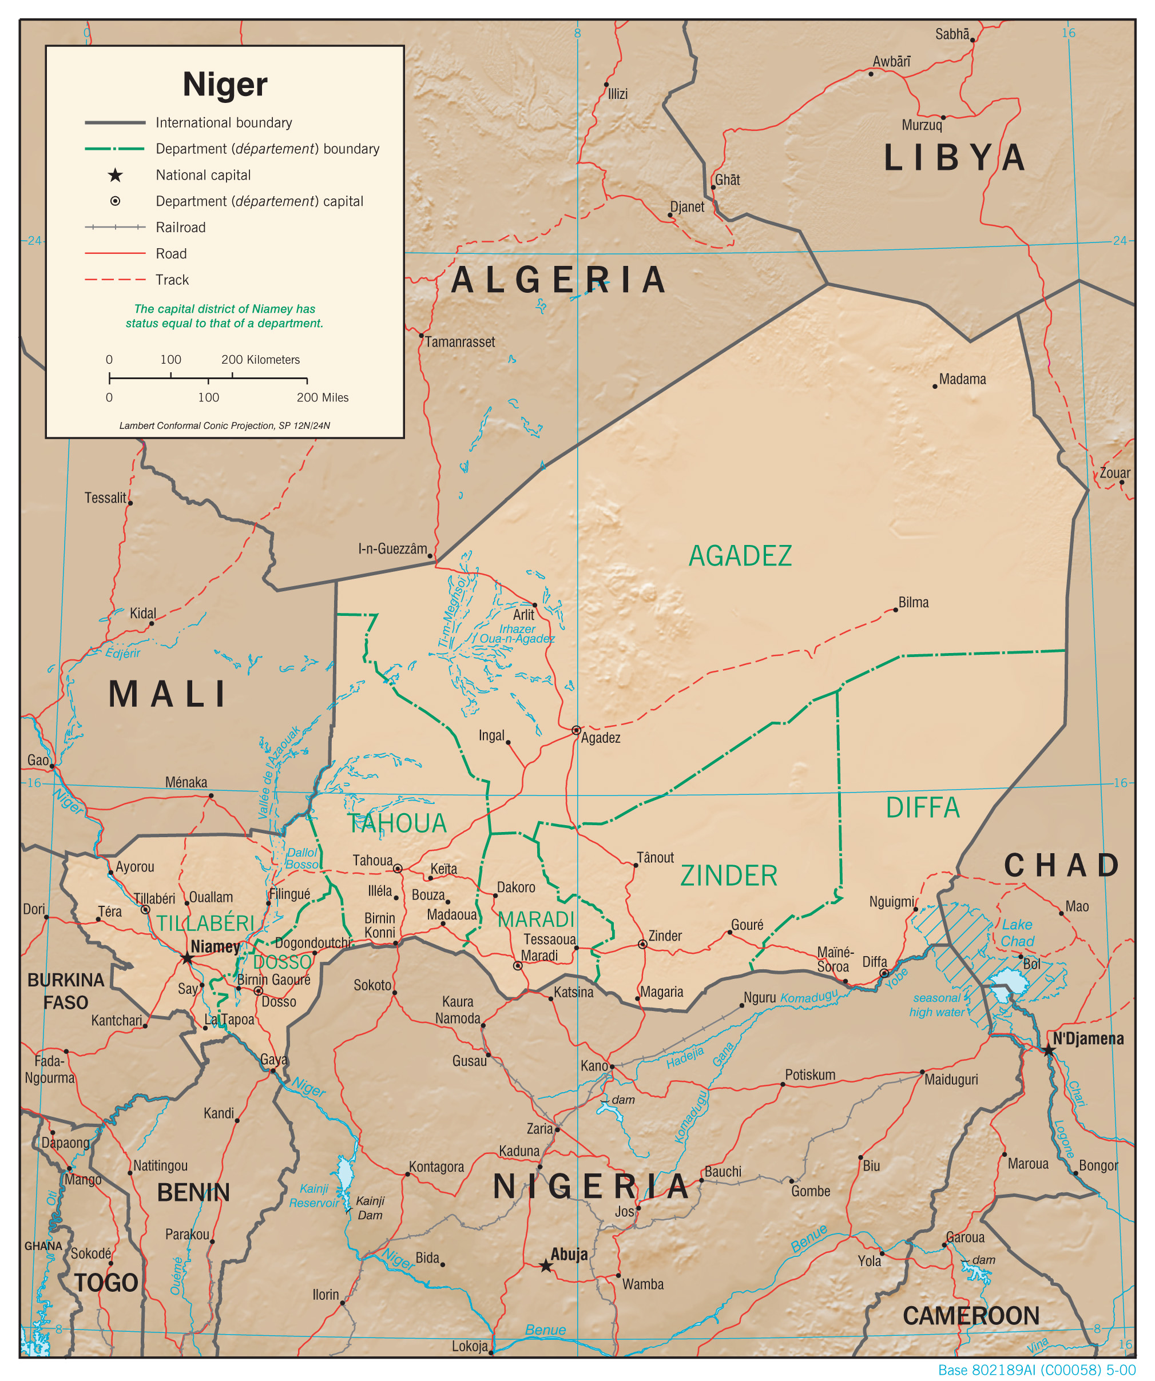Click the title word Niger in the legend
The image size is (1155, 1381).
tap(225, 84)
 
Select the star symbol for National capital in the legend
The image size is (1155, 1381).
tap(115, 175)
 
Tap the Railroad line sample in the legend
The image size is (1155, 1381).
tap(115, 228)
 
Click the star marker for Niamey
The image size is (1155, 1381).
tap(188, 958)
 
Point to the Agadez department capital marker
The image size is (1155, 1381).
tap(576, 730)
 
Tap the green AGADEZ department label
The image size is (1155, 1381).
tap(740, 556)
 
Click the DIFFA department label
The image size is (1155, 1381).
tap(922, 807)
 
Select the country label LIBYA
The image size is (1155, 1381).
tap(954, 158)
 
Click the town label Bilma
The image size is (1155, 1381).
tap(914, 602)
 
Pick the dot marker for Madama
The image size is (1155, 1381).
tap(935, 386)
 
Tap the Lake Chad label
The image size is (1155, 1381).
tap(1017, 933)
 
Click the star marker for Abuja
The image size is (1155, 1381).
tap(545, 1266)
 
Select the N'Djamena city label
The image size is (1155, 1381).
tap(1088, 1038)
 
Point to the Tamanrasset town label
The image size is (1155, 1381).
tap(460, 342)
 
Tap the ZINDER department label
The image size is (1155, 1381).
tap(729, 876)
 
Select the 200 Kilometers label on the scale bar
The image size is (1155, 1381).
tap(260, 360)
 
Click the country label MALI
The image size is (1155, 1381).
tap(168, 694)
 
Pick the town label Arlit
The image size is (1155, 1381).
tap(523, 615)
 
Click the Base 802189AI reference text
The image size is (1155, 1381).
tap(1037, 1370)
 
